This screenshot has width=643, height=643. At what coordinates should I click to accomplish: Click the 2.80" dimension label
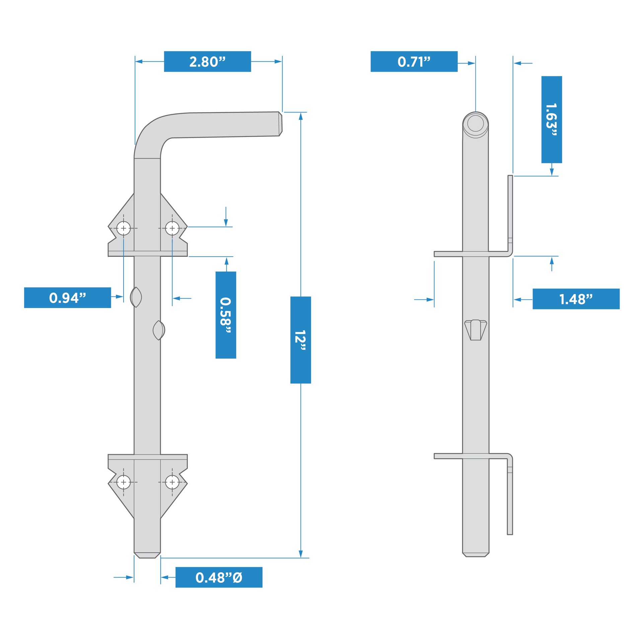[x=207, y=62]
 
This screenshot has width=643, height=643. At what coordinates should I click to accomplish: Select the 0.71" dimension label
[x=414, y=62]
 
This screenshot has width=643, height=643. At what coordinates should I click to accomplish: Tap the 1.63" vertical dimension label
[x=552, y=120]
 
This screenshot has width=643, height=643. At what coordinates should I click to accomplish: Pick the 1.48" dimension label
[x=576, y=299]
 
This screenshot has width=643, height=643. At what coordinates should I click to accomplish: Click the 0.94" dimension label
[x=67, y=297]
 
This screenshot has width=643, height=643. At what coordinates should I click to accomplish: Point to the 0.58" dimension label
[x=226, y=315]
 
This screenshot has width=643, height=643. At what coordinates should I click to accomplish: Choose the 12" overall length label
[x=300, y=340]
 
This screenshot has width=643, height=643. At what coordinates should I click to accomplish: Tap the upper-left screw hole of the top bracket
[x=124, y=228]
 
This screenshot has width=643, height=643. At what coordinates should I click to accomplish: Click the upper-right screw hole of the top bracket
[x=172, y=228]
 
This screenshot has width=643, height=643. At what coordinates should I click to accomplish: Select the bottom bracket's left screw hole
[x=124, y=482]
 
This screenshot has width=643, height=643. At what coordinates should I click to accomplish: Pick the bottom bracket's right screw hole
[x=172, y=482]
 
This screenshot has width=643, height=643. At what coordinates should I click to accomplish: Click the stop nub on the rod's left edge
[x=136, y=297]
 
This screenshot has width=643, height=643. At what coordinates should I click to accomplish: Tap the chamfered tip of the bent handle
[x=280, y=124]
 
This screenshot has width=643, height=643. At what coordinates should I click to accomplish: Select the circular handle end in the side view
[x=476, y=123]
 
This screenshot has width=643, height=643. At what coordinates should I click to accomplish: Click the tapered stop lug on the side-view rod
[x=476, y=330]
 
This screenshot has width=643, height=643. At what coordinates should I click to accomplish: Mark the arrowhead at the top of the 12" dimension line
[x=301, y=116]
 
